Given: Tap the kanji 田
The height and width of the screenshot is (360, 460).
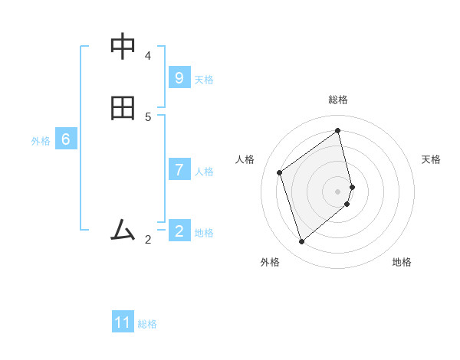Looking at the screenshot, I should pos(123,109).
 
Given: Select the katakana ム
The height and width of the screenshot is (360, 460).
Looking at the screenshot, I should pos(123,229).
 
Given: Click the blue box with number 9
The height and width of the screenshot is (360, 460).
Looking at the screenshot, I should pos(179,77).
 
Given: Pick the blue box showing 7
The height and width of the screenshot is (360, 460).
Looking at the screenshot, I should pos(179,169).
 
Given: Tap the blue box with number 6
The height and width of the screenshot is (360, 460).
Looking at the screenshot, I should pos(66,139).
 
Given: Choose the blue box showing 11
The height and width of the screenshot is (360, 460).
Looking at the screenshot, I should pos(123,322).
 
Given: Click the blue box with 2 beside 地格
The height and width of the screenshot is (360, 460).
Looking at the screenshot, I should pos(179,231).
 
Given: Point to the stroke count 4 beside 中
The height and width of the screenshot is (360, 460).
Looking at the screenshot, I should pos(148,55).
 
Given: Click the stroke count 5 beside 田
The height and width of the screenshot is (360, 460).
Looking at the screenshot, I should pos(148,117).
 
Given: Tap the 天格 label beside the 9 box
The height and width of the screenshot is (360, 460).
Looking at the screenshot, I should pos(204,80).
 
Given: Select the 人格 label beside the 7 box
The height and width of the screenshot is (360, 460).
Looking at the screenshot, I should pos(204,172).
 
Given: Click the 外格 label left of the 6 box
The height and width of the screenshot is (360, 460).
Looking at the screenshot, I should pos(41,141).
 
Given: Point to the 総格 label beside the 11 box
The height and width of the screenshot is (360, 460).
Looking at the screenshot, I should pos(147,324).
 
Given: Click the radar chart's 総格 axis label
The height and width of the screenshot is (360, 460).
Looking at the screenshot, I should pos(338,100).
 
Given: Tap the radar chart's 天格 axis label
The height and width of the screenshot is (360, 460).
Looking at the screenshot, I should pos(432,159).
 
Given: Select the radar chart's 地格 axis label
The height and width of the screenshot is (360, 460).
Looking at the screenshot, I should pos(402,262).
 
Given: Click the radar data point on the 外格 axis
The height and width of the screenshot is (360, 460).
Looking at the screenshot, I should pos(301,242).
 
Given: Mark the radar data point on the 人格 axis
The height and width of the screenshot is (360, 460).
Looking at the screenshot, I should pos(280,172).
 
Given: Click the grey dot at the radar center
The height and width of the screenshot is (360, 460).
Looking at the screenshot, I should pos(338,191).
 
